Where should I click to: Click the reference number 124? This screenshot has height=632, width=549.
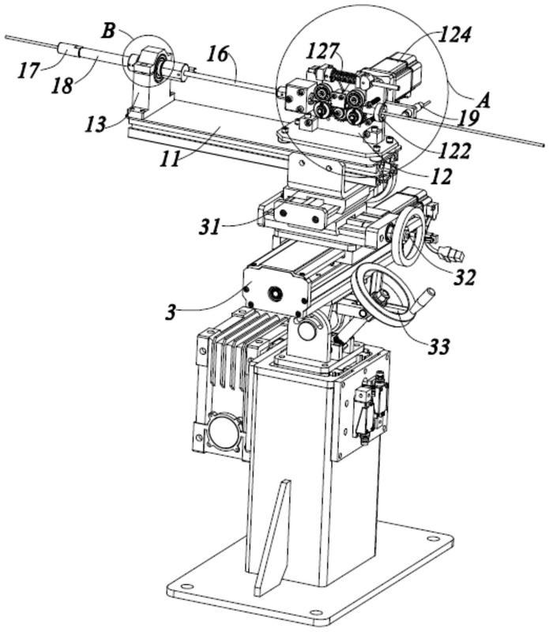[454, 34]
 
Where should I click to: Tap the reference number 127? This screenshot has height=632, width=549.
[322, 51]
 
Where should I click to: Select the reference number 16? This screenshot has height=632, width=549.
[218, 54]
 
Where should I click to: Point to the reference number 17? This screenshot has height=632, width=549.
[28, 70]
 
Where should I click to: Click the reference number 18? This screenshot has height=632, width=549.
[62, 85]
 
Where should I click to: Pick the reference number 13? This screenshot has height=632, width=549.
[95, 124]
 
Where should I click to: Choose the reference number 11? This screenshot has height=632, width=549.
[169, 160]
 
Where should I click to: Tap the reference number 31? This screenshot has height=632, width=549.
[209, 227]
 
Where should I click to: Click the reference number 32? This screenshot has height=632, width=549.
[464, 277]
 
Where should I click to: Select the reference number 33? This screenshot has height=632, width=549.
[438, 346]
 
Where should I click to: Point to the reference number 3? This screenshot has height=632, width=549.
[171, 312]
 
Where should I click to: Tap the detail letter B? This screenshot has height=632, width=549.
[108, 31]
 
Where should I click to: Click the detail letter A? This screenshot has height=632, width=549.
[483, 100]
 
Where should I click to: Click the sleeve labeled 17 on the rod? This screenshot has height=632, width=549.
[68, 50]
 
